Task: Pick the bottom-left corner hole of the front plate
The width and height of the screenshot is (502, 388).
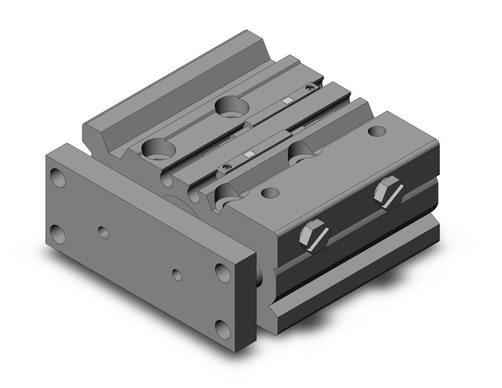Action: (x=59, y=233)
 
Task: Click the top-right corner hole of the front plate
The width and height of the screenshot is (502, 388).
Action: (x=221, y=272)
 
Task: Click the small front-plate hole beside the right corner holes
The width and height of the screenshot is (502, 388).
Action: (x=176, y=273)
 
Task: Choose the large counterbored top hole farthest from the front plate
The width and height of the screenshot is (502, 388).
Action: (x=230, y=106)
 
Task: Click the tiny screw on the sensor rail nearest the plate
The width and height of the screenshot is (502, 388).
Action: (x=227, y=166)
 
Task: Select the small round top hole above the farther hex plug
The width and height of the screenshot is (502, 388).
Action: (x=377, y=132)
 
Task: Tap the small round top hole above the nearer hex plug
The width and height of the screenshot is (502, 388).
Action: (x=269, y=193)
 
